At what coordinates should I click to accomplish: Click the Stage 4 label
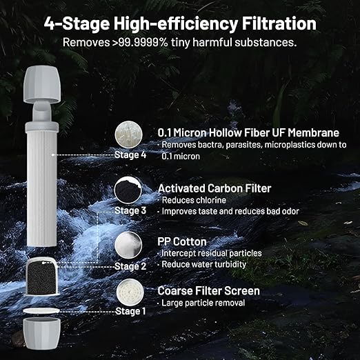tap(130, 154)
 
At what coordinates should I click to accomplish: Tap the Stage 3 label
tap(130, 210)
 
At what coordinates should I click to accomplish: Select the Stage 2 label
tap(130, 266)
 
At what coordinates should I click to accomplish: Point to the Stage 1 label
tap(130, 310)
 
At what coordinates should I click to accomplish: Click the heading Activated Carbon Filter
tap(214, 188)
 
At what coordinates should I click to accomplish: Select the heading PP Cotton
tap(182, 241)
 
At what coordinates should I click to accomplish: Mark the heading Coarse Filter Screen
tap(209, 290)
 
